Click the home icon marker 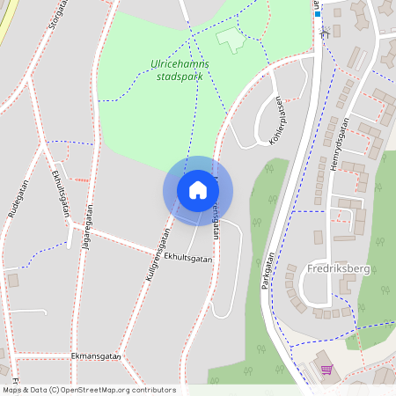[x=198, y=190]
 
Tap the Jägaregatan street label [x=86, y=227]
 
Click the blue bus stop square [x=317, y=14]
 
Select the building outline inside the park [x=231, y=38]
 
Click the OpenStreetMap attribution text [x=89, y=389]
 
